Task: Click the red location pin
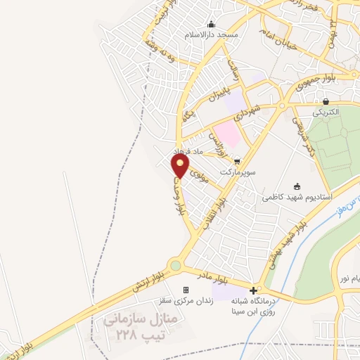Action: pyautogui.click(x=181, y=166)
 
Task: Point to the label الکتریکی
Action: pyautogui.click(x=326, y=112)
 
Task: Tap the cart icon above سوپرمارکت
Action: pyautogui.click(x=237, y=161)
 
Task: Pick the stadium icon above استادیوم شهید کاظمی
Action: pyautogui.click(x=296, y=186)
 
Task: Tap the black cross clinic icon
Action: pyautogui.click(x=253, y=289)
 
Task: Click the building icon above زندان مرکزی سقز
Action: pyautogui.click(x=186, y=289)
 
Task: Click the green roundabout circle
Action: pyautogui.click(x=174, y=266)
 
